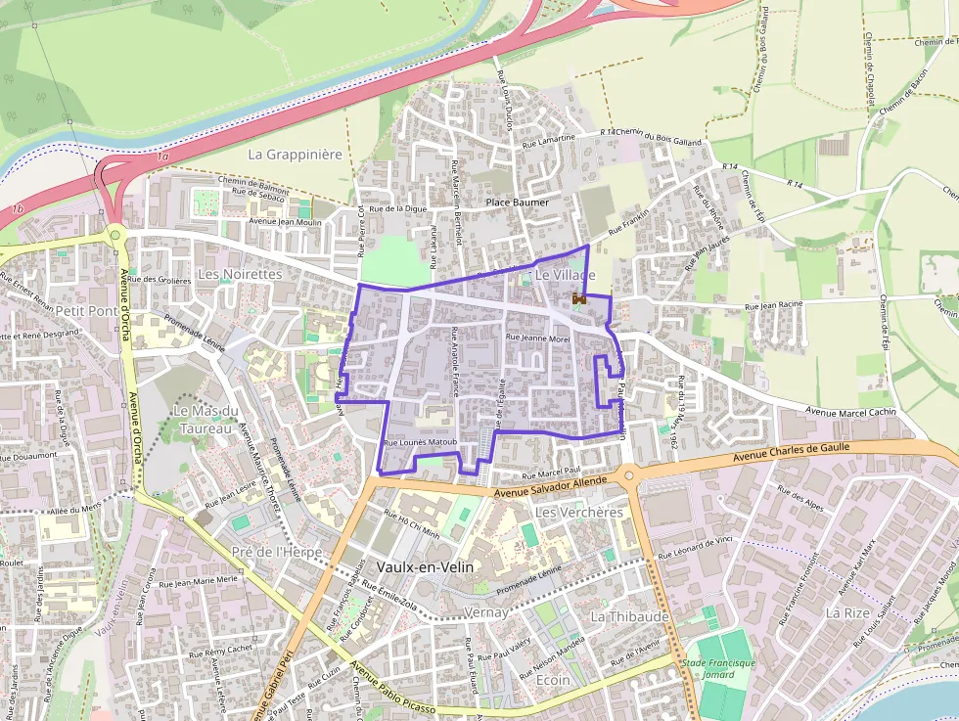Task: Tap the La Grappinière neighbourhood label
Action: pos(295,155)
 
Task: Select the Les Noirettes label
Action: pos(240,275)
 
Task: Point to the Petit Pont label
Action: pos(87,310)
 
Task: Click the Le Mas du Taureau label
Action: pos(205,419)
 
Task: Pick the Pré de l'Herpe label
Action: pos(277,552)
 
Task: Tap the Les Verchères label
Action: pos(580,513)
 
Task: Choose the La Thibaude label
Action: pos(630,616)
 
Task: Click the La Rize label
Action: pos(847,612)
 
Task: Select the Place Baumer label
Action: pos(518,203)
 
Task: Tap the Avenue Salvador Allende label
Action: pos(552,486)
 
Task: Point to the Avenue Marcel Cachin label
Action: pos(850,413)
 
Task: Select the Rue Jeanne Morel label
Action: pos(537,338)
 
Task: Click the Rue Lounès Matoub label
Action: pos(422,443)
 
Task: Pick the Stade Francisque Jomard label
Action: pos(719,669)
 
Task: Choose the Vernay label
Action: pos(486,612)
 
